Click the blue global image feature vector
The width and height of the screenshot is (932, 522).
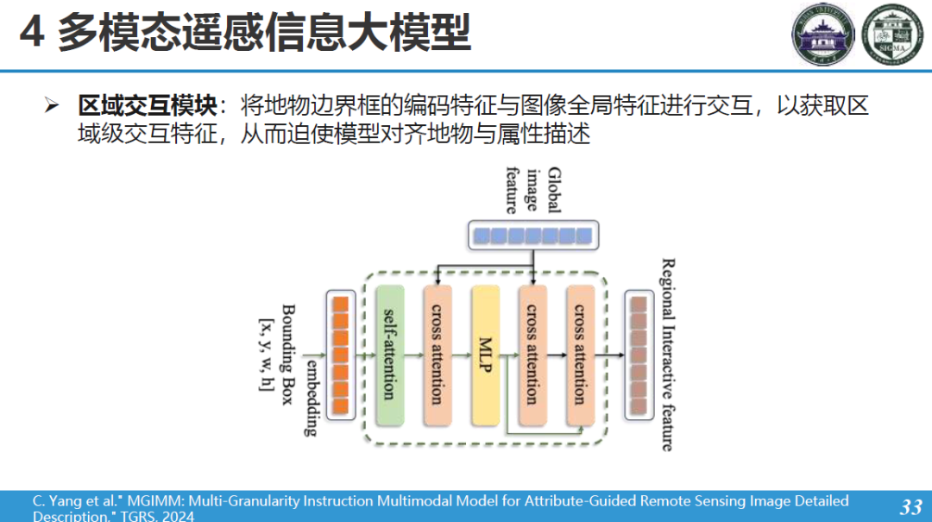532,235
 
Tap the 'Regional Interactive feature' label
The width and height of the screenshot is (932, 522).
667,355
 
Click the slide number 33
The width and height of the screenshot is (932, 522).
910,506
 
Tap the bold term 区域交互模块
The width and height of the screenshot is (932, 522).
147,106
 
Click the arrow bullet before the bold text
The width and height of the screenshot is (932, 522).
52,106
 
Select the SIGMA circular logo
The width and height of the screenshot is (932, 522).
893,35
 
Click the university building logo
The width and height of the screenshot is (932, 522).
823,35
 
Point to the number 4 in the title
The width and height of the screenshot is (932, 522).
31,35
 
